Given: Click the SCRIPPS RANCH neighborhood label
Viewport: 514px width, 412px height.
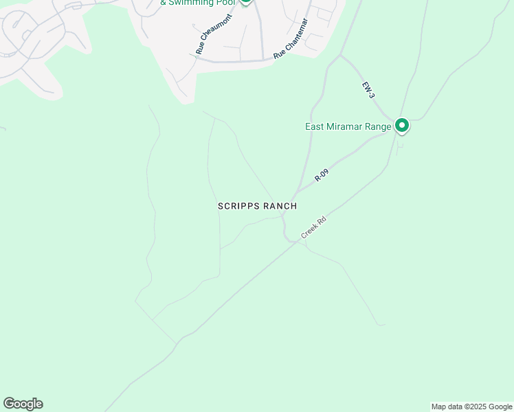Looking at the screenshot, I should click(257, 206).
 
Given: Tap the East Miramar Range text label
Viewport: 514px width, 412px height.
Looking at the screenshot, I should click(348, 126).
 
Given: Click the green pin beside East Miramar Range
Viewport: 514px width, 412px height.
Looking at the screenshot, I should click(402, 126).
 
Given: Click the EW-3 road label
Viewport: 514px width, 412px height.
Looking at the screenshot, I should click(369, 89).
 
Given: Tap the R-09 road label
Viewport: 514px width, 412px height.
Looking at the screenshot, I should click(322, 175).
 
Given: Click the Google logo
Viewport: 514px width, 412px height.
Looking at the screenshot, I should click(23, 404).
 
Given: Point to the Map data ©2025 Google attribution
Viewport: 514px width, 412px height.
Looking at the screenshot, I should click(471, 407).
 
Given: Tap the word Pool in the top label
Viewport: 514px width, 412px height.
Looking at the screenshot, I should click(226, 3).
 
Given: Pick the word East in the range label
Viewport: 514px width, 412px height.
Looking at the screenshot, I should click(315, 126).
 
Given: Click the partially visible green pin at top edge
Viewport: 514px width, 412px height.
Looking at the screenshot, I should click(246, 2).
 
